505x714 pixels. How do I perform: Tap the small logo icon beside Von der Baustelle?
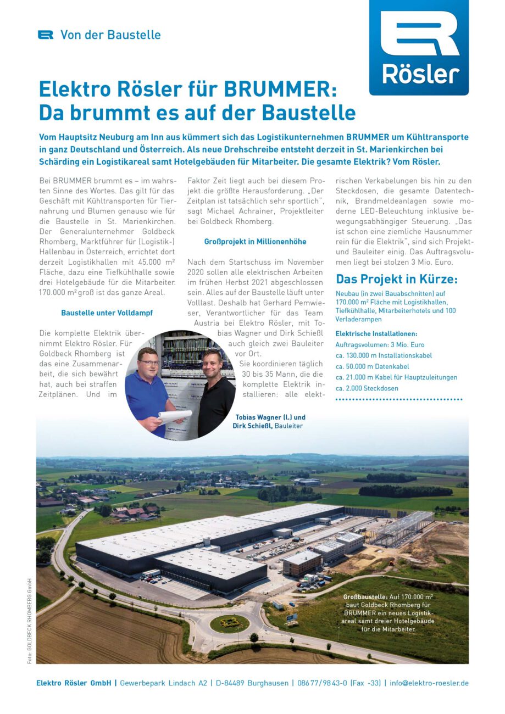46,35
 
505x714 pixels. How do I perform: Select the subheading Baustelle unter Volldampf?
107,313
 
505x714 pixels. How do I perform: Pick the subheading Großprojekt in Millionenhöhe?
255,242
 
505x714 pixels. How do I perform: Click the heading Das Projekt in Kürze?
396,279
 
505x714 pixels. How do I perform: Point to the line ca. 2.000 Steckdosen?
367,388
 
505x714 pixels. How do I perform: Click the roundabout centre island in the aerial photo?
230,622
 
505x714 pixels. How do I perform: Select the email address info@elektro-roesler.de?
429,683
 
